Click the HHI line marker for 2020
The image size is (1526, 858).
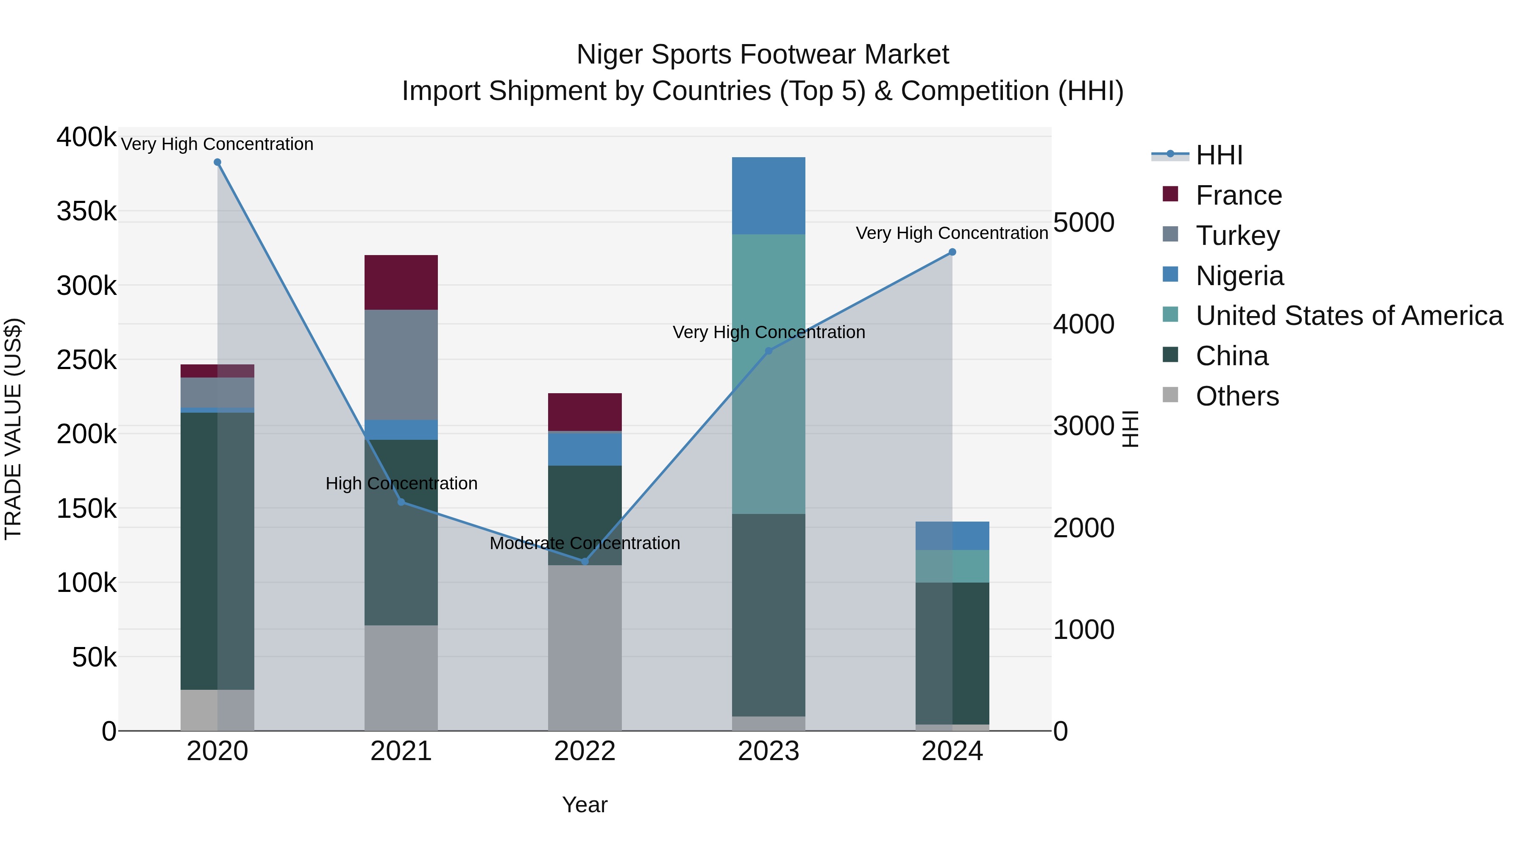click(x=217, y=162)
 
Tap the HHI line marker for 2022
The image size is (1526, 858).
click(x=585, y=561)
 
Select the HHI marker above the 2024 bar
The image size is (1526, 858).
click(x=952, y=252)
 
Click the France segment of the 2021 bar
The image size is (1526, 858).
click(x=401, y=283)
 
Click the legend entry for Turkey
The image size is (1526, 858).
click(x=1237, y=236)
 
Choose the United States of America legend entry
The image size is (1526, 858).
click(x=1348, y=316)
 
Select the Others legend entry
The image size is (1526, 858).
click(x=1237, y=396)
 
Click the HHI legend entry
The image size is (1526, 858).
click(x=1219, y=155)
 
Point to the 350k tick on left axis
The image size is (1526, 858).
click(x=86, y=211)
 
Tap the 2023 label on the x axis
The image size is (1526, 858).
click(x=769, y=751)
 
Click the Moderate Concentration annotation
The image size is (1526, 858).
click(x=585, y=543)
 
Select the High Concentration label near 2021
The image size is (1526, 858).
click(x=401, y=484)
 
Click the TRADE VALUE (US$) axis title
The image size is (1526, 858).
click(x=13, y=429)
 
